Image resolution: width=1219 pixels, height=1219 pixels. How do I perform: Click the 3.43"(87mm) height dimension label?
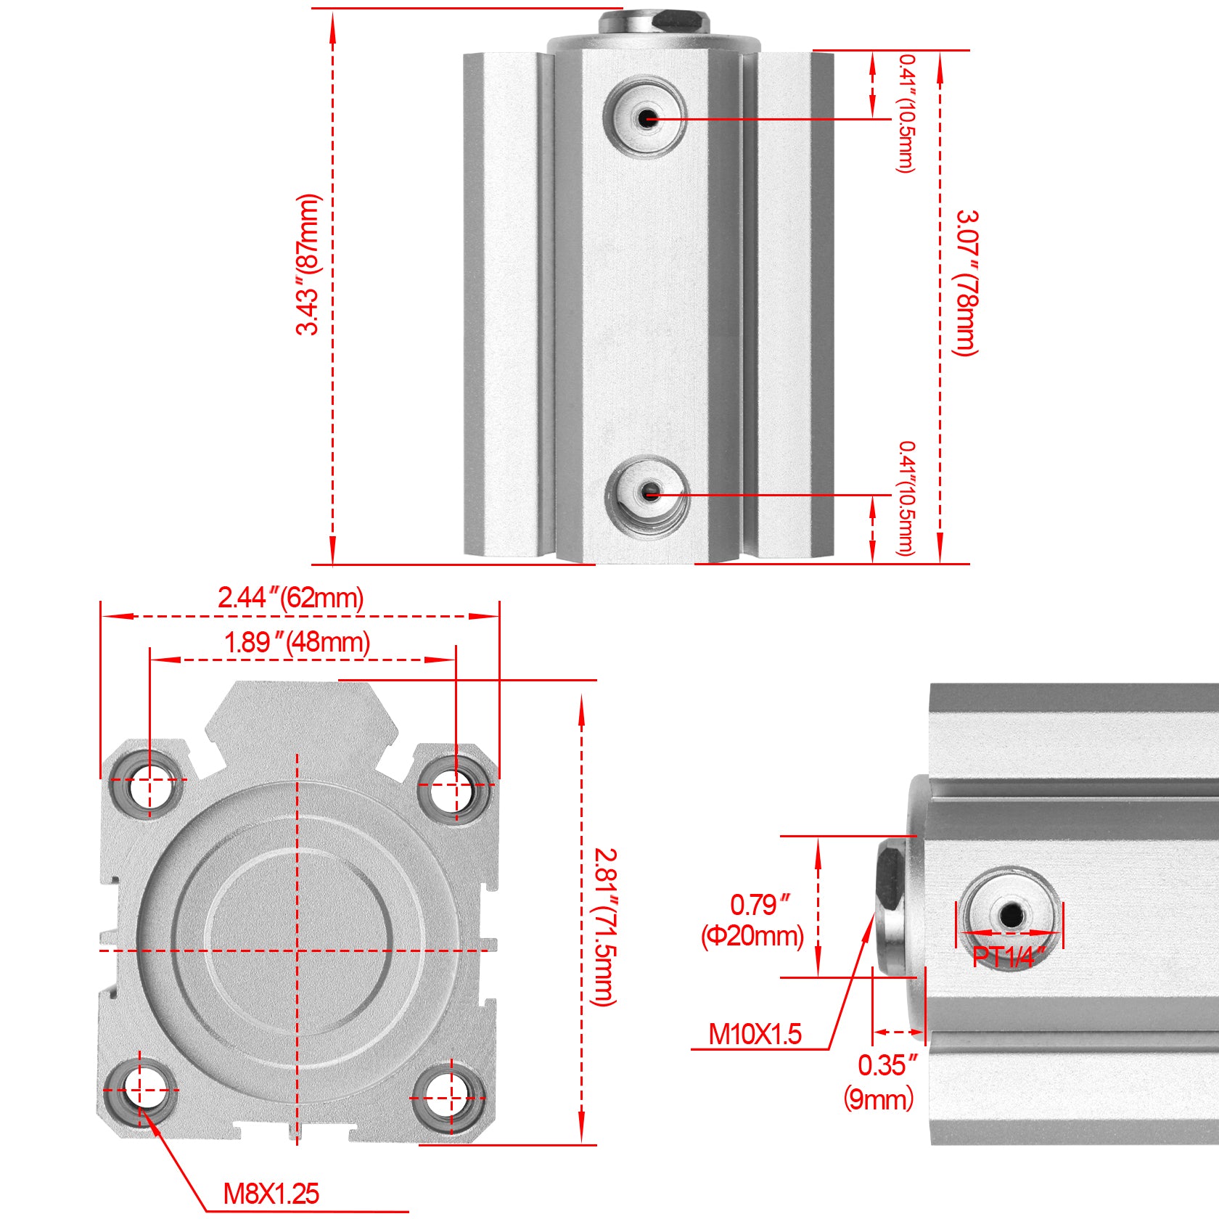[x=308, y=264]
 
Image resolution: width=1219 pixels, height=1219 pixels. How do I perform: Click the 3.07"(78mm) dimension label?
[x=966, y=283]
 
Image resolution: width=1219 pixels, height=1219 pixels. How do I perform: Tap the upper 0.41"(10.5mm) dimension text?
[x=906, y=113]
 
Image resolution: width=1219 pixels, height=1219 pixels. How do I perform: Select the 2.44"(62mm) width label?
[x=291, y=598]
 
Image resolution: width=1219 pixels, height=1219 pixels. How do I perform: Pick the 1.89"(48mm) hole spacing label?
[x=297, y=643]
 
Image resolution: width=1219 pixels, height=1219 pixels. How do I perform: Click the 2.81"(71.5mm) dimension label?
[x=605, y=927]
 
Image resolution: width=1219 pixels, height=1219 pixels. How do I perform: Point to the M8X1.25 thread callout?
[x=271, y=1194]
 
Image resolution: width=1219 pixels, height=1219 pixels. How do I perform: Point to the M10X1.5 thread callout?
[x=755, y=1034]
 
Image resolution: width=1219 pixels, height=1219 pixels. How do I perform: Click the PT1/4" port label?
[x=1009, y=957]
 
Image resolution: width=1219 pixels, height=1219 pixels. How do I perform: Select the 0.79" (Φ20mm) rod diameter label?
[x=753, y=920]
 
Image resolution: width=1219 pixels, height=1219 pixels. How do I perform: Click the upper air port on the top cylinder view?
[x=645, y=118]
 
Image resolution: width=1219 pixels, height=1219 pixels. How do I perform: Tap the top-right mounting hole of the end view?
[x=454, y=787]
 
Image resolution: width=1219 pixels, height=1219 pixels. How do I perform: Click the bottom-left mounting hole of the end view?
[x=143, y=1089]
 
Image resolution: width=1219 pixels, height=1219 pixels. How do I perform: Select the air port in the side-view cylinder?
[x=1010, y=915]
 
